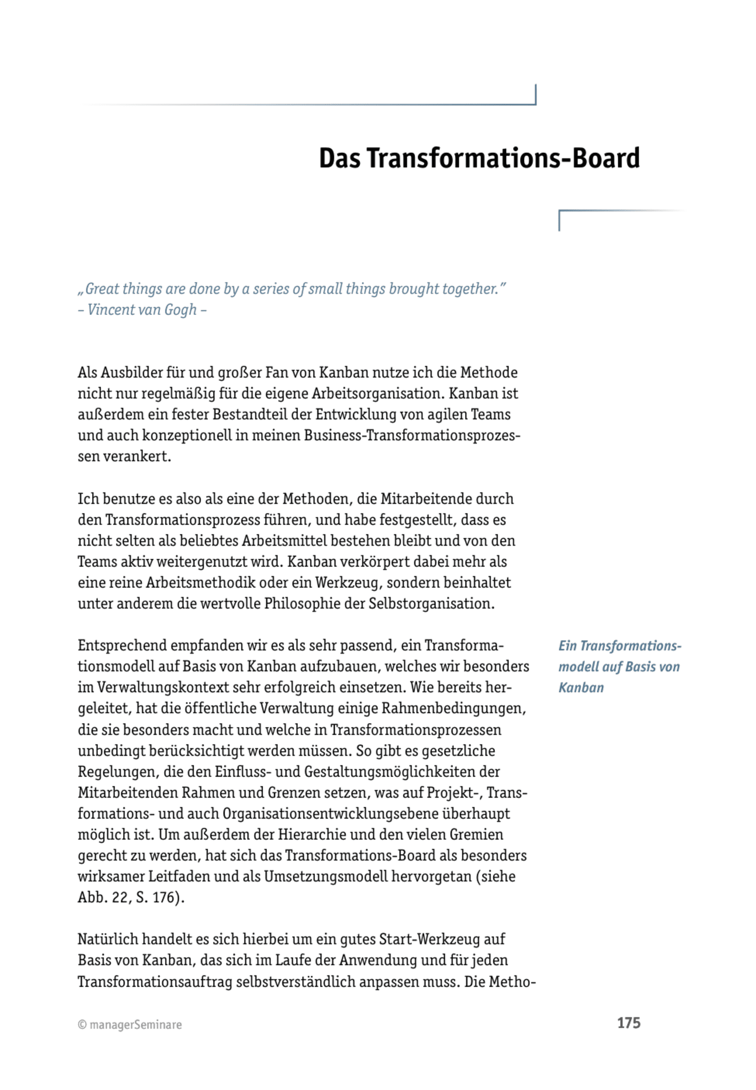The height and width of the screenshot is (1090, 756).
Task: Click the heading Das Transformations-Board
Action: click(x=479, y=158)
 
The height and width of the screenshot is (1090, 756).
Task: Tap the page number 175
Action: click(x=628, y=1023)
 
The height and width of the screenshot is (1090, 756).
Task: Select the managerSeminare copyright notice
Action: click(x=130, y=1025)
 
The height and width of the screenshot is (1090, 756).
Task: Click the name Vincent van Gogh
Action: click(x=142, y=310)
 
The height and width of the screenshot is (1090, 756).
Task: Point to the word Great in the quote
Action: click(x=103, y=289)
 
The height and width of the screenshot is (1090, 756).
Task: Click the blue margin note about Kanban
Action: click(x=619, y=666)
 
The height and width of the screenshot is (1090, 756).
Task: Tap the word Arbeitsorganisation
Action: click(x=377, y=394)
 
